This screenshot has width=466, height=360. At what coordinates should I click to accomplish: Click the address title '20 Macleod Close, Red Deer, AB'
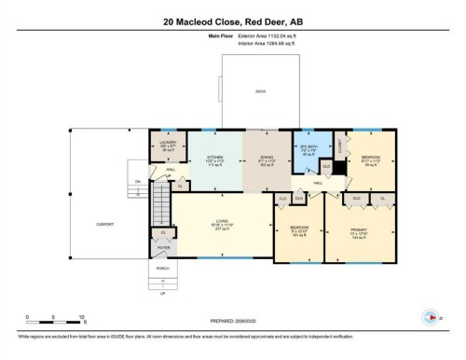[x=232, y=21]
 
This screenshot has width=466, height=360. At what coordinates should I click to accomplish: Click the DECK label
[x=260, y=91]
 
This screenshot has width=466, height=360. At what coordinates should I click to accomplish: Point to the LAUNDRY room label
[x=167, y=142]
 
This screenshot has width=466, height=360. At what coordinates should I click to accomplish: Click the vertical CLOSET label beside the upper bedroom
[x=341, y=145]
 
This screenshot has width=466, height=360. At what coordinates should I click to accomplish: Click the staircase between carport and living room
[x=161, y=198]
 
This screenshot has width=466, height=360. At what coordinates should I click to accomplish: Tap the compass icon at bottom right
[x=428, y=315]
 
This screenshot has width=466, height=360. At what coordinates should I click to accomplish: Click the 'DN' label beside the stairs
[x=137, y=181]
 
